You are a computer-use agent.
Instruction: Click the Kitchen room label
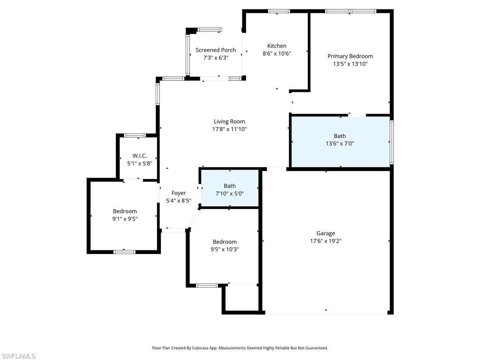[277, 46]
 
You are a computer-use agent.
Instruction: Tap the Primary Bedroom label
[350, 56]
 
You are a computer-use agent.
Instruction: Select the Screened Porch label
[216, 50]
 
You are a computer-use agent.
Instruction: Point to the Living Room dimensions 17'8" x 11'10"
[229, 129]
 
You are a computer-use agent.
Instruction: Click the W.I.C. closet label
[140, 156]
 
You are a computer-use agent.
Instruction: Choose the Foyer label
[179, 193]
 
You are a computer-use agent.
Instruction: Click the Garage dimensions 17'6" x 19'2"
[325, 241]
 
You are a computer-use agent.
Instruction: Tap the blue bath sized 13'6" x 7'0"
[340, 140]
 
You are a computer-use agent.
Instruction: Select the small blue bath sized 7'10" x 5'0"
[230, 190]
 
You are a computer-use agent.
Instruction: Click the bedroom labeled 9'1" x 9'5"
[125, 215]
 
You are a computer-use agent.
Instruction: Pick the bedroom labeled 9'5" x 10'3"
[225, 246]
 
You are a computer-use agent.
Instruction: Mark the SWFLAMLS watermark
[19, 356]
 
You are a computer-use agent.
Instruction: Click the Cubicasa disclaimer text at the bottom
[240, 348]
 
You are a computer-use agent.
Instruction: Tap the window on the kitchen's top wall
[278, 11]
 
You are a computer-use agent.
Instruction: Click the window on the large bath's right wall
[391, 141]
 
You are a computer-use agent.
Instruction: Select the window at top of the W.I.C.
[135, 135]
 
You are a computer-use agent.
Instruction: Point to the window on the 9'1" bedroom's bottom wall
[124, 252]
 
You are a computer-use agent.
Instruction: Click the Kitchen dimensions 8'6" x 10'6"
[277, 53]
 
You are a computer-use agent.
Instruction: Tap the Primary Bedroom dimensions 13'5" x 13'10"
[350, 64]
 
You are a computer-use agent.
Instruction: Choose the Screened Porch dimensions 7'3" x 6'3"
[216, 58]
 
